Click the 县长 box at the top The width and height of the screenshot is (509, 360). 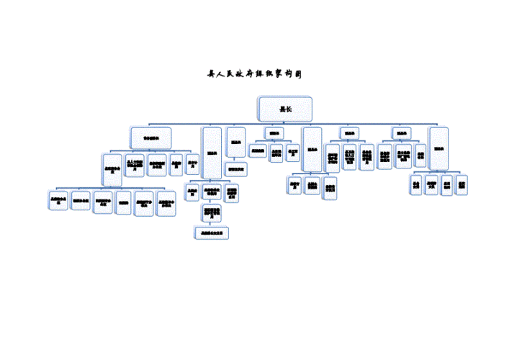point(285,108)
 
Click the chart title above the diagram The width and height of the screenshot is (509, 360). point(253,74)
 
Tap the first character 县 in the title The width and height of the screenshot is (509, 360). point(211,74)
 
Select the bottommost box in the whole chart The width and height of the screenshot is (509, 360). point(212,233)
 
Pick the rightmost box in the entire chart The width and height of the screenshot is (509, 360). point(461,184)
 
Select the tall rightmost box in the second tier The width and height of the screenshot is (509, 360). point(438,148)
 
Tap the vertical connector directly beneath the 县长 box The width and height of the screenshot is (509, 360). point(285,121)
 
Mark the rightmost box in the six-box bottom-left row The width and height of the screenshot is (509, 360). point(166,201)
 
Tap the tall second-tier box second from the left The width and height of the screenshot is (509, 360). point(212,152)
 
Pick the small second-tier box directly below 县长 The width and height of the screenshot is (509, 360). point(274,133)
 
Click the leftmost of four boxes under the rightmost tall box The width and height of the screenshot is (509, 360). point(416,184)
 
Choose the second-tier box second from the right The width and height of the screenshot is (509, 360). point(401,133)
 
